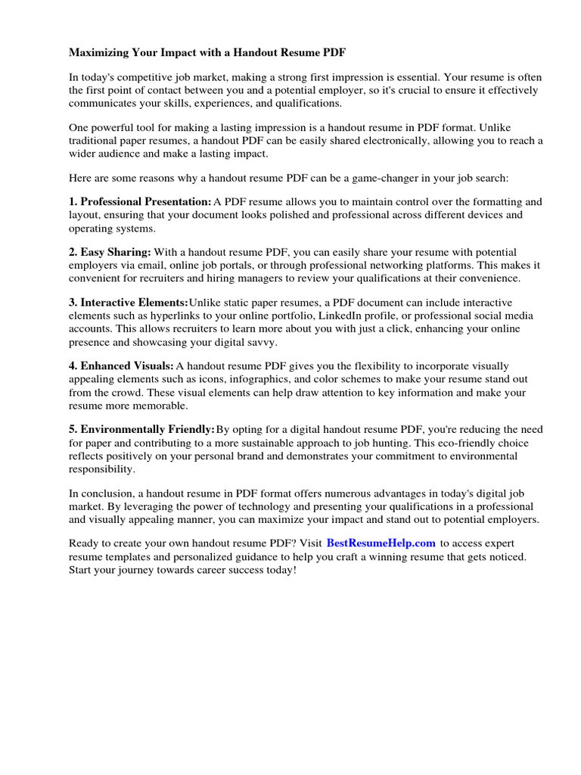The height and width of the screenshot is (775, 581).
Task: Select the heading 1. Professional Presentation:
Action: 140,202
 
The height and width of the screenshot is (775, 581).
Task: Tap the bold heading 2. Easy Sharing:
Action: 110,251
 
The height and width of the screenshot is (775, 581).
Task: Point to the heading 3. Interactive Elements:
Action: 129,302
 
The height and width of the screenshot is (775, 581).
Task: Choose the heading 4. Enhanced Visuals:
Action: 121,366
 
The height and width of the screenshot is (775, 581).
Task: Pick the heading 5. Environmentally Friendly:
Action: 142,429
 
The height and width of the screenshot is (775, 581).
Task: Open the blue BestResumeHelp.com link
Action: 381,543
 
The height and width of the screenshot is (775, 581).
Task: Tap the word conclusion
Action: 108,493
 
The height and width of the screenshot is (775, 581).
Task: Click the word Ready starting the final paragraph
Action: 85,543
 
